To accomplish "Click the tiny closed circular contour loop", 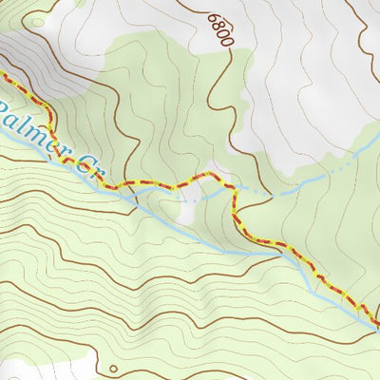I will click(x=113, y=369).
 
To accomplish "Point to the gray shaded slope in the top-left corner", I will click(x=19, y=47).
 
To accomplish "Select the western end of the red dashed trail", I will click(x=2, y=73).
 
